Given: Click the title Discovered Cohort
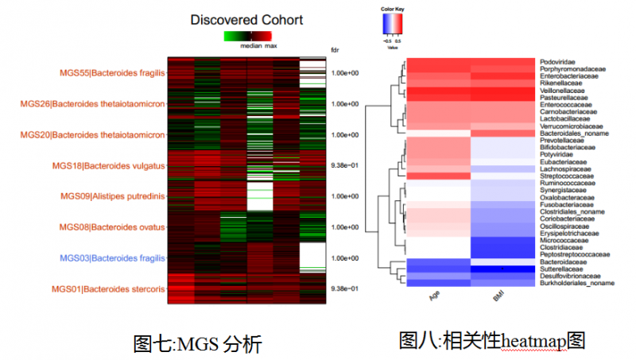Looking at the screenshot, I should [x=246, y=19].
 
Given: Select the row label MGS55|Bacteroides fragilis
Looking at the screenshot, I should [x=112, y=73].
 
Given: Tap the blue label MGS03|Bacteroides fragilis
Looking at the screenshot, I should [x=112, y=258].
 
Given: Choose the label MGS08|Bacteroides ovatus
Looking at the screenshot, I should [x=111, y=227].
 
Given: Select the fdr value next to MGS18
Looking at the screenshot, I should [x=345, y=165].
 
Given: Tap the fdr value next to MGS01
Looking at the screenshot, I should [x=345, y=288].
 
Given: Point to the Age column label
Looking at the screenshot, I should [x=435, y=298].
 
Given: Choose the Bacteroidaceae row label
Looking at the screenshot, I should [x=561, y=261].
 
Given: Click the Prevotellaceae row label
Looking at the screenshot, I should [x=561, y=140].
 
